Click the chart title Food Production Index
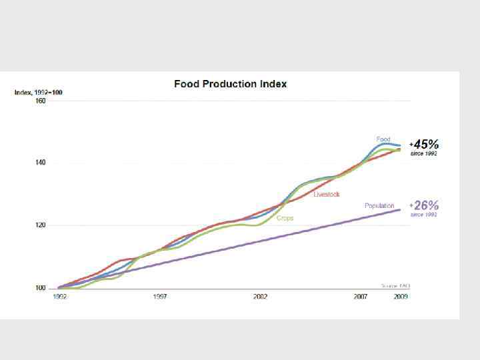click(x=230, y=84)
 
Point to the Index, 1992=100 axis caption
click(x=39, y=92)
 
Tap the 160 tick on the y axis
click(x=41, y=101)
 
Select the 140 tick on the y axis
click(x=41, y=163)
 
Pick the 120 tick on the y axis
click(x=41, y=225)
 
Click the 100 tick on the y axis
click(x=41, y=288)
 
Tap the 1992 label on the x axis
click(x=59, y=297)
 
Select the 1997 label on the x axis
click(x=160, y=297)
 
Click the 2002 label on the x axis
click(x=261, y=297)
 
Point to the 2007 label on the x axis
click(x=361, y=297)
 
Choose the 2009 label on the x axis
click(x=401, y=297)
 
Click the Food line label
click(x=383, y=139)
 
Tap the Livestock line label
click(x=327, y=194)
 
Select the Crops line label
click(x=285, y=218)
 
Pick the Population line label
click(x=379, y=205)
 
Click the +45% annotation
click(x=425, y=144)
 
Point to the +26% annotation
click(x=425, y=205)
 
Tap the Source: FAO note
click(x=395, y=285)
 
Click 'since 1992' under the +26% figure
click(x=424, y=215)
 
